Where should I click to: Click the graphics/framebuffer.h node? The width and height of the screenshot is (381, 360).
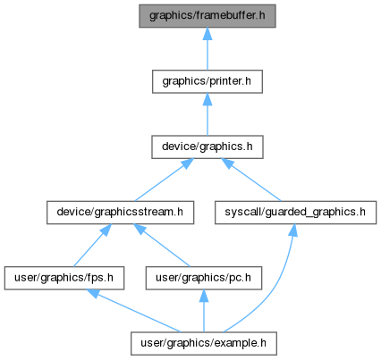pos(207,16)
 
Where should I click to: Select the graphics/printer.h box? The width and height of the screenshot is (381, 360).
pos(207,81)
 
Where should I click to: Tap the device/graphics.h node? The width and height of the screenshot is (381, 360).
pos(207,147)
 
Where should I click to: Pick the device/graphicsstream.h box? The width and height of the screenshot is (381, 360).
pos(120,213)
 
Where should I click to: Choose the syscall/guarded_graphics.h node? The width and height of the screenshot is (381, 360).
pos(295,213)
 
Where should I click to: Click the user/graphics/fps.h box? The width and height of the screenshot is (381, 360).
pos(64,278)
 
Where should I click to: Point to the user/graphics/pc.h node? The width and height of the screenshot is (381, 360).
pos(204,278)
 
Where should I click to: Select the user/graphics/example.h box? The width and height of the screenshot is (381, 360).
pos(204,344)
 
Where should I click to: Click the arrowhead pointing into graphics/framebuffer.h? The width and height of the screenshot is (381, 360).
pos(207,34)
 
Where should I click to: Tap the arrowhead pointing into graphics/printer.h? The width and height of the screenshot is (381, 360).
pos(207,99)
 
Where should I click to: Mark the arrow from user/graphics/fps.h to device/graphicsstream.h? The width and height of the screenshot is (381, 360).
pos(92,246)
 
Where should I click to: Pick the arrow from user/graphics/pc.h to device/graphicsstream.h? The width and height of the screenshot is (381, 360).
pos(161,246)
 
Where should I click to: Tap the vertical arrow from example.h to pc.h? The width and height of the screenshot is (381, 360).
pos(204,311)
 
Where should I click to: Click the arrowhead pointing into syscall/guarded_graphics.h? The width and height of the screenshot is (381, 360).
pos(293,230)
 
